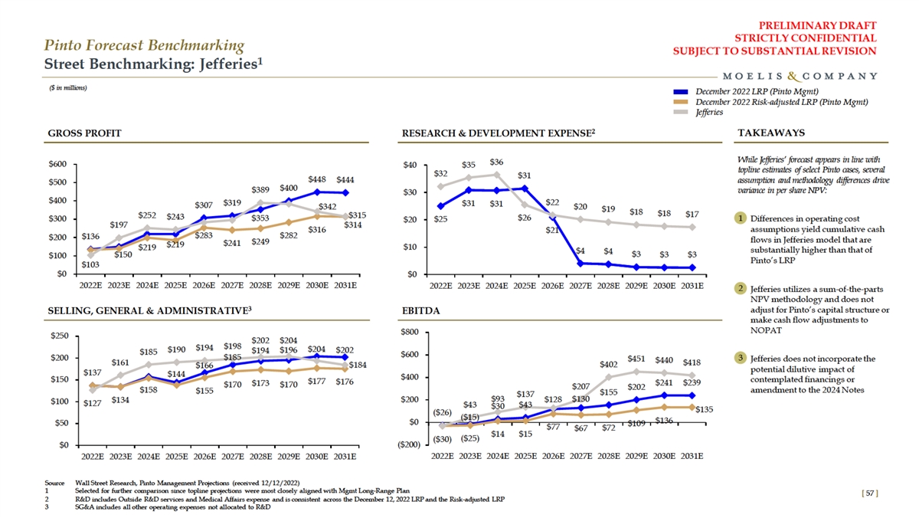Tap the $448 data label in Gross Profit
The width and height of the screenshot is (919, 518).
point(316,179)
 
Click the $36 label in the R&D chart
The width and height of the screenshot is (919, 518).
point(496,162)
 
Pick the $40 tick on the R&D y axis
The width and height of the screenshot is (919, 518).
point(409,165)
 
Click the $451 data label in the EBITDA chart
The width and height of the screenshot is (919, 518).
point(636,359)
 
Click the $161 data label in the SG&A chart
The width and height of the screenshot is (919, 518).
point(120,362)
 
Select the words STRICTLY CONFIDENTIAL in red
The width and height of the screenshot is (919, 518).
point(805,38)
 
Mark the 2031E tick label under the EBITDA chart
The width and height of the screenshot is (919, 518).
point(692,457)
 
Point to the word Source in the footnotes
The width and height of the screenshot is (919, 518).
point(54,483)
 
